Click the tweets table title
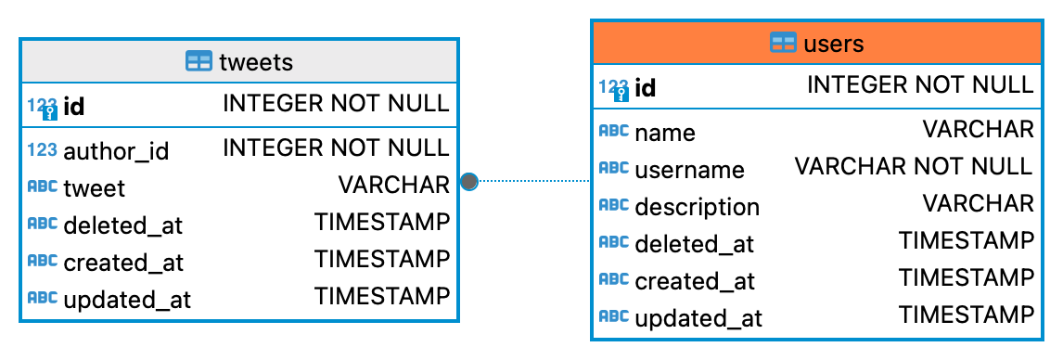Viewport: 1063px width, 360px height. [256, 62]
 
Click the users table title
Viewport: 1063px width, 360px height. [833, 43]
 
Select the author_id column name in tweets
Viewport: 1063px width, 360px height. [116, 150]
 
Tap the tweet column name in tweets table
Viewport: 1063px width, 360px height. [94, 187]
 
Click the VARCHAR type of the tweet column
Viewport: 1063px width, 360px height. [393, 186]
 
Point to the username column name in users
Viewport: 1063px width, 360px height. [689, 170]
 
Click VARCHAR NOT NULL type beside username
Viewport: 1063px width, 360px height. [913, 166]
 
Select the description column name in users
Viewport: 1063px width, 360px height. [697, 207]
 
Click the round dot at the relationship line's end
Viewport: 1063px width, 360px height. [468, 181]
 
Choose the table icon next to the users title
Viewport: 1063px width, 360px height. [784, 43]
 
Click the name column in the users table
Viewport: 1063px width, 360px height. [664, 133]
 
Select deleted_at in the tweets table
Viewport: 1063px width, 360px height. [122, 225]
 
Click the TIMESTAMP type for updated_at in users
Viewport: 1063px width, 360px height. [966, 315]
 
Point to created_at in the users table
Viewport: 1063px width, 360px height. [695, 281]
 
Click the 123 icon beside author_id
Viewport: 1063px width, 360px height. [42, 149]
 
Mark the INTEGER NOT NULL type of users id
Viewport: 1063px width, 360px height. [919, 85]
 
